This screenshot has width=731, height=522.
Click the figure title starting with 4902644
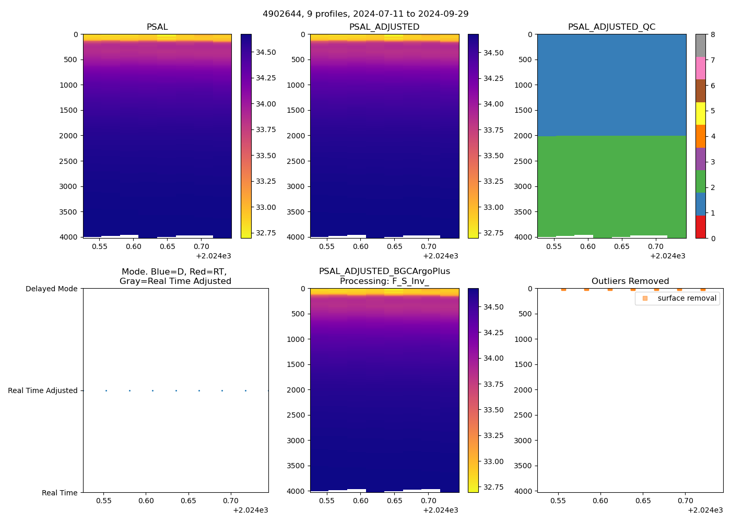coord(365,14)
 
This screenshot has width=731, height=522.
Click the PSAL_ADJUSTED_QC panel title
coord(611,27)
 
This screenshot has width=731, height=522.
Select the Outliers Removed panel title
coord(630,281)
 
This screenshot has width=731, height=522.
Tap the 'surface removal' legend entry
coord(687,298)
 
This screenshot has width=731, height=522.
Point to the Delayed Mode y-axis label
coord(51,289)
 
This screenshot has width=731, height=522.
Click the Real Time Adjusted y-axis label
coord(43,390)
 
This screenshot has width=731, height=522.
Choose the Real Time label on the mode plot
coord(60,493)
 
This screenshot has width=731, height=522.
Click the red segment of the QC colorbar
coord(700,227)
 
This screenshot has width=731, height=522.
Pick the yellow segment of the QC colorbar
coord(700,114)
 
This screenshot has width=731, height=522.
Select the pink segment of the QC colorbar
coord(700,68)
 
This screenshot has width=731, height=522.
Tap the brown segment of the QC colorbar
coord(700,91)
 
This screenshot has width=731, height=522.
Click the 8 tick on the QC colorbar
coord(713,34)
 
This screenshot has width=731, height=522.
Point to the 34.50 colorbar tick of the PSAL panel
coord(266,52)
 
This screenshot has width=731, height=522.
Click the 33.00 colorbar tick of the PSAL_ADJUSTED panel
coord(493,207)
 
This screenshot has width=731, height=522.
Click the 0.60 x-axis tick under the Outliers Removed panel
coord(600,501)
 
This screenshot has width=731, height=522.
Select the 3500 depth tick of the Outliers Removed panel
coord(523,466)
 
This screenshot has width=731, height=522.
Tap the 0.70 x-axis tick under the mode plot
coord(230,501)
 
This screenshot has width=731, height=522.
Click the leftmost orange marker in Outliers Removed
coord(563,289)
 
